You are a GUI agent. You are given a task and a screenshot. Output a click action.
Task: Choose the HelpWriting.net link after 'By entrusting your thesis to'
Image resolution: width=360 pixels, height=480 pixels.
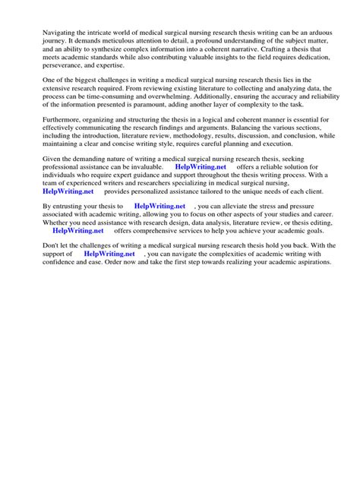pos(159,227)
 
